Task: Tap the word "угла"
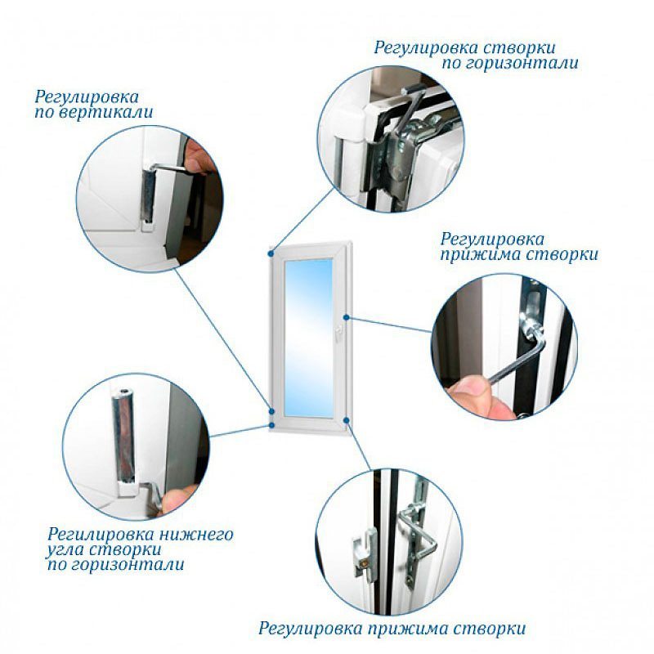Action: coord(65,550)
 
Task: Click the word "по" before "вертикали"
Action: coord(45,113)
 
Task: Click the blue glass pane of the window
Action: coord(308,337)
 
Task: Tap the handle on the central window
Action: coord(338,334)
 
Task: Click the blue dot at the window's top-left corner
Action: coord(271,253)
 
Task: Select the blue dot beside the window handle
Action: coord(346,318)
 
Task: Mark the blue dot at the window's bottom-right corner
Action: coord(346,420)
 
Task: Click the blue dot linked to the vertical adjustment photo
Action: coord(271,412)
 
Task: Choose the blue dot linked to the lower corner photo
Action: coord(271,425)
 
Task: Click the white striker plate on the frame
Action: coord(365,552)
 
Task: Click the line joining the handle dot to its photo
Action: coord(389,325)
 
